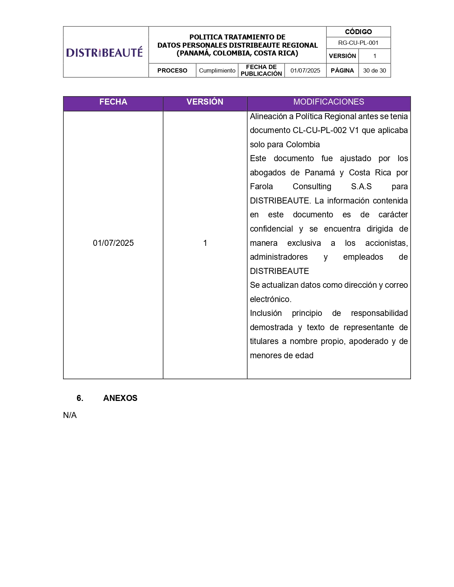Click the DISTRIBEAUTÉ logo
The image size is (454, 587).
[104, 52]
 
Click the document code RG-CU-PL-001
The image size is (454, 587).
[358, 43]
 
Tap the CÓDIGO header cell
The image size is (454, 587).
[358, 32]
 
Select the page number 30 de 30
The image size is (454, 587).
[374, 70]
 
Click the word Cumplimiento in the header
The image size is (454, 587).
[217, 70]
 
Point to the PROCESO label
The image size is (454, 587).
[172, 70]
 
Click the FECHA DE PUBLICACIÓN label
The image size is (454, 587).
[261, 70]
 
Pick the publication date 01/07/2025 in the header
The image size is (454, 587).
[305, 70]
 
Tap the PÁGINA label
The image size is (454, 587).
[342, 70]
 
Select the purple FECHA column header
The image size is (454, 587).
[113, 102]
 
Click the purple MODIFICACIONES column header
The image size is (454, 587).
[329, 102]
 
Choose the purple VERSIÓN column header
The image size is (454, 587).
[205, 102]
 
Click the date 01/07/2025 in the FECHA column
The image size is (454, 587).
[113, 243]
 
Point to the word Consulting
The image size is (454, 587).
[312, 186]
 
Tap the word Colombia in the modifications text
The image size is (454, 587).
[303, 144]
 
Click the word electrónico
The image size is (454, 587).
[270, 299]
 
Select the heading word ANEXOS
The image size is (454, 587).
[120, 398]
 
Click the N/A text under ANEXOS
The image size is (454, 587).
[70, 415]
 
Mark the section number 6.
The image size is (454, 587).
[80, 398]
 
